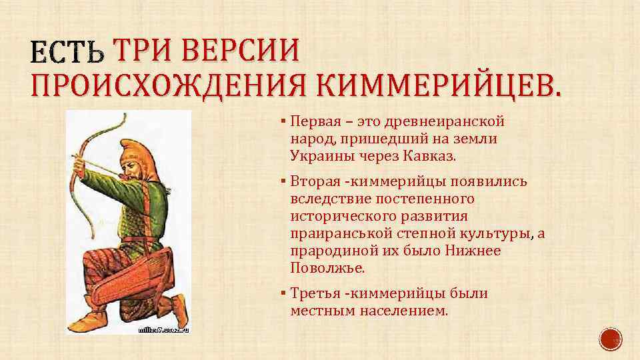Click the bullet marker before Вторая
pos(283,182)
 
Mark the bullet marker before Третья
pos(283,293)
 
